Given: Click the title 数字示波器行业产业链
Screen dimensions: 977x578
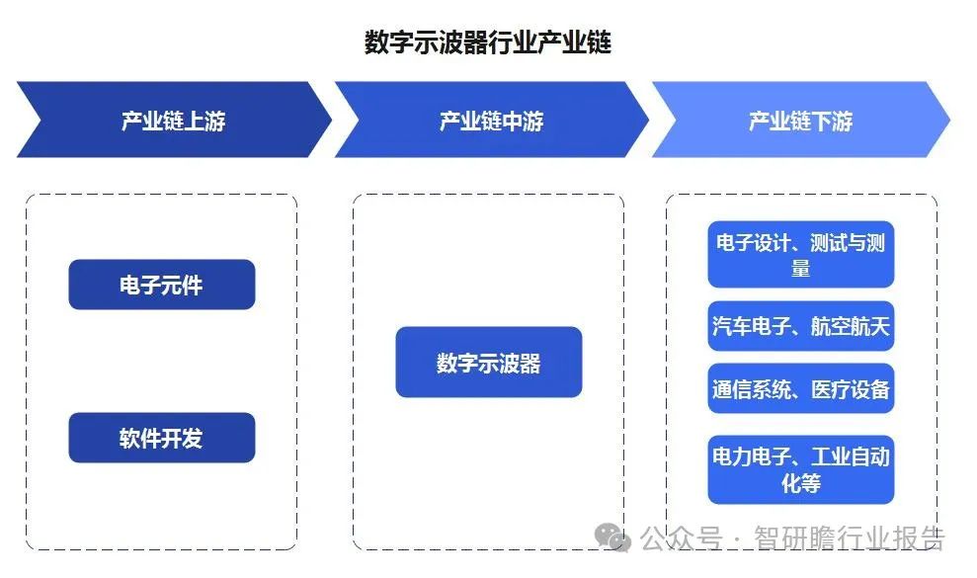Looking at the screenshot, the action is [488, 42].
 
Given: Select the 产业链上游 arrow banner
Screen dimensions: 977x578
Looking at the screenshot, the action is [174, 120].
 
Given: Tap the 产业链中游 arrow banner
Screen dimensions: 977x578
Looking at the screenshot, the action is [492, 120].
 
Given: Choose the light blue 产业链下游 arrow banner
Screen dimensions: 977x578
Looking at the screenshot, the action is [801, 120].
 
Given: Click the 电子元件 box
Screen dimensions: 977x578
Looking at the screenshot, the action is [162, 285].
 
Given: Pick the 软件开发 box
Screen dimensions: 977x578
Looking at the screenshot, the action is [162, 438].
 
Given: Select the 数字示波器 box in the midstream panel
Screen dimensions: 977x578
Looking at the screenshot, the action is [489, 362].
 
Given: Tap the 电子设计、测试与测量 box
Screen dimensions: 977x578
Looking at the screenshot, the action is [801, 254].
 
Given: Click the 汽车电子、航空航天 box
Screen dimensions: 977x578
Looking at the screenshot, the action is [801, 326].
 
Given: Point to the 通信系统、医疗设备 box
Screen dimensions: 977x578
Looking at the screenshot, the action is [801, 389].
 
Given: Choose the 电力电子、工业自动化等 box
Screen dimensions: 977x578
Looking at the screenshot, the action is [801, 469].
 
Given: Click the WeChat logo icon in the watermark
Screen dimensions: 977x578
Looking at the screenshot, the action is [612, 537].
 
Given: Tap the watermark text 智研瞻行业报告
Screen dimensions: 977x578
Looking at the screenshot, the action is [850, 538].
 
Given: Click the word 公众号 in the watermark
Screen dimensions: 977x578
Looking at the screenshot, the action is [682, 538].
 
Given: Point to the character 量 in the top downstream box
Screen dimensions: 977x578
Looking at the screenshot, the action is [801, 268].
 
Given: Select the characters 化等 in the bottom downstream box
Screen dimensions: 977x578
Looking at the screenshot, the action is [801, 483].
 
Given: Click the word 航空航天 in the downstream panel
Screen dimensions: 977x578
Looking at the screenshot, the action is [850, 326].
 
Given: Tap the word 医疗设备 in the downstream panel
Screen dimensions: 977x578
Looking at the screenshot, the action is [850, 389].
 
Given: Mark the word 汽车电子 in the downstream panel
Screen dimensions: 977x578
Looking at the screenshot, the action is [752, 326].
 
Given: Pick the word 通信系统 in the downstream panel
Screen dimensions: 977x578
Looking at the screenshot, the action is [752, 389].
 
